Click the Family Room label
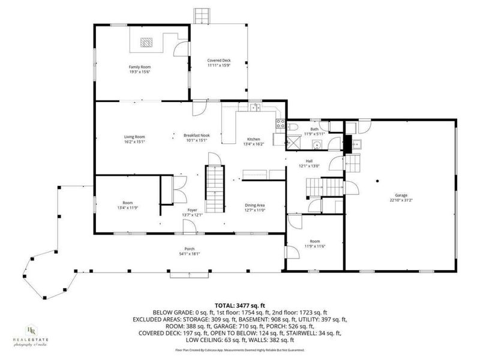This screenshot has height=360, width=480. click(x=139, y=67)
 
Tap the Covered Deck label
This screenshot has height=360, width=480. click(x=219, y=61)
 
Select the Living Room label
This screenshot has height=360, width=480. click(x=134, y=137)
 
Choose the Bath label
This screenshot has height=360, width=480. click(x=314, y=129)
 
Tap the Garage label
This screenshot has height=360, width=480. click(x=401, y=196)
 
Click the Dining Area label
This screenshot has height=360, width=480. click(x=255, y=205)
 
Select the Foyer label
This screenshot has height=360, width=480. click(x=192, y=210)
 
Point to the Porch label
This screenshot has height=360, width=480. click(x=190, y=249)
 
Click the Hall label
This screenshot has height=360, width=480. click(x=310, y=161)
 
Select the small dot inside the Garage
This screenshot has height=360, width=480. click(x=377, y=179)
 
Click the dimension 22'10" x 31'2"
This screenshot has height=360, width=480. click(x=401, y=200)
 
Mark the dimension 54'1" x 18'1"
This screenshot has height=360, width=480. click(x=190, y=254)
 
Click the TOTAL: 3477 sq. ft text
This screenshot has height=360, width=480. click(x=241, y=306)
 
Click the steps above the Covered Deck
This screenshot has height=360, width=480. click(x=202, y=16)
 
